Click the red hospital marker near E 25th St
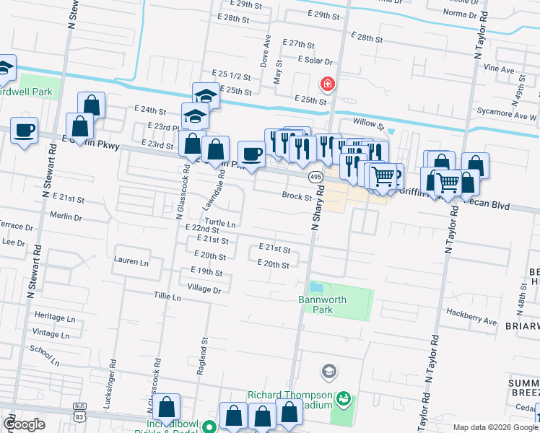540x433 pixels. click(328, 84)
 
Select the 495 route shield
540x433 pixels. click(315, 177)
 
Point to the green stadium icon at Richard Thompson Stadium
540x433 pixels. click(344, 398)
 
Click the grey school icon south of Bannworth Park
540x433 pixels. click(328, 371)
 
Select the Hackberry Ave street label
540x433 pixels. click(471, 321)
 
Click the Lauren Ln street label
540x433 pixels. click(131, 259)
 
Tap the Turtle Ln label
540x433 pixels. click(220, 224)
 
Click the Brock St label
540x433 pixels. click(296, 196)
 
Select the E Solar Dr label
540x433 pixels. click(312, 62)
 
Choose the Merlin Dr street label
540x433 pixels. click(66, 216)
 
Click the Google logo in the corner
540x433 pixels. click(24, 424)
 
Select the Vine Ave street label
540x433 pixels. click(499, 70)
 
